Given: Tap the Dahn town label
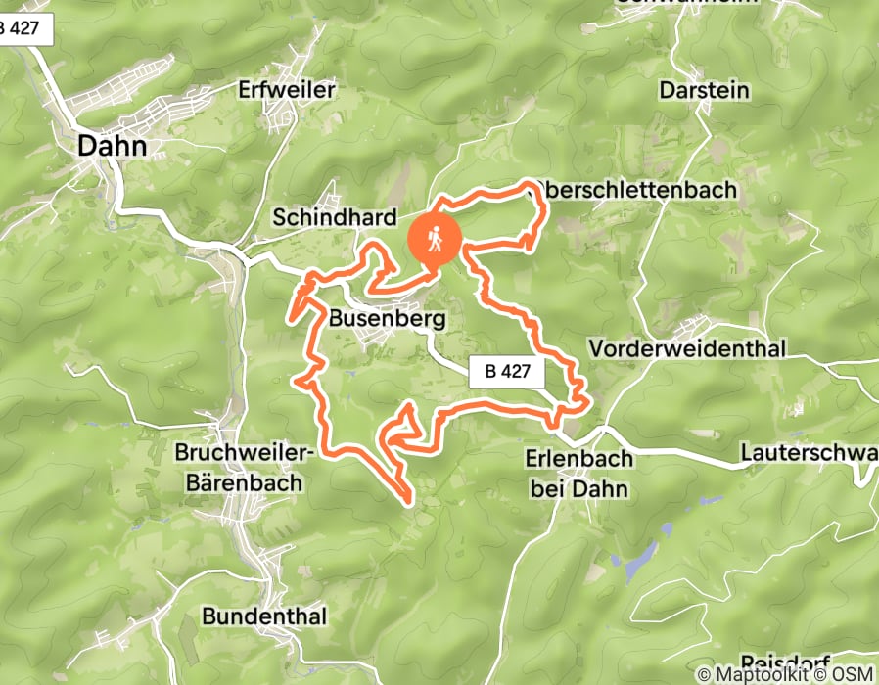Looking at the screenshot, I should click(113, 147).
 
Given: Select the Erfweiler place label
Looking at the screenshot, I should click(287, 90).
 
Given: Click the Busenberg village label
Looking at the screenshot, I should click(388, 318).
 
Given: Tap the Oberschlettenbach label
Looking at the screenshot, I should click(637, 190).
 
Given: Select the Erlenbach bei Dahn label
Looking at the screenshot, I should click(578, 472).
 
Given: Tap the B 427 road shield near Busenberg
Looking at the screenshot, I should click(506, 372).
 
